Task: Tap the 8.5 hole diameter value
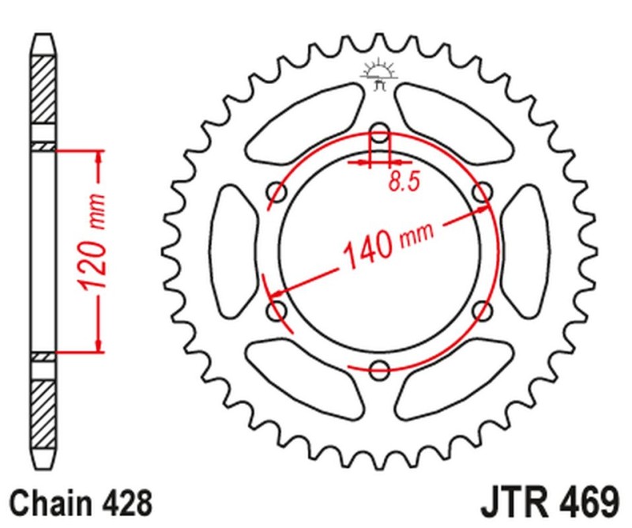click(403, 183)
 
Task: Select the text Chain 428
click(79, 502)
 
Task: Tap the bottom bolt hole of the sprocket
click(380, 368)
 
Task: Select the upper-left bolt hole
click(278, 190)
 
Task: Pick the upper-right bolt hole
click(482, 190)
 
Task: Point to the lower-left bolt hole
click(278, 310)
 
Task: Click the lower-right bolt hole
click(482, 310)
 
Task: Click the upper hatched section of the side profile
click(44, 91)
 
